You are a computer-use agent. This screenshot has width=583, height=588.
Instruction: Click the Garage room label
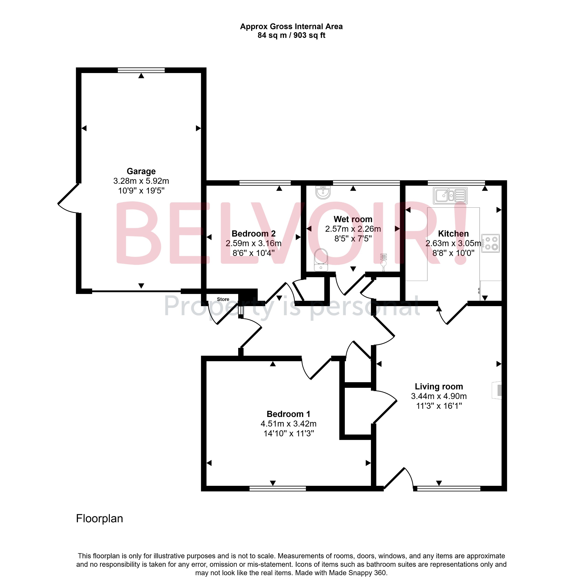click(141, 171)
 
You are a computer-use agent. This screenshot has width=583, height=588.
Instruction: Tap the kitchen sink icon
click(450, 195)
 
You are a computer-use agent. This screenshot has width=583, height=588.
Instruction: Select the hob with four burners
click(490, 243)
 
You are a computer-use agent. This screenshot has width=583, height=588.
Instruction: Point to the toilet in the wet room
click(321, 260)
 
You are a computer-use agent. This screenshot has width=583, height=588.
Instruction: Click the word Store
click(223, 299)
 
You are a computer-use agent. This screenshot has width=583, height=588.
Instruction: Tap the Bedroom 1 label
click(288, 414)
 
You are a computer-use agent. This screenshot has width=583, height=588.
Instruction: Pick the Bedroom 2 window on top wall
click(265, 183)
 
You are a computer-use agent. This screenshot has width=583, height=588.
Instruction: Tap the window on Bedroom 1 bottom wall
click(278, 488)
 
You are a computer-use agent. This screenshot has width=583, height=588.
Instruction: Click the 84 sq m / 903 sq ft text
click(291, 35)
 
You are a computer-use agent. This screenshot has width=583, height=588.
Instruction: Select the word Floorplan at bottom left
click(99, 518)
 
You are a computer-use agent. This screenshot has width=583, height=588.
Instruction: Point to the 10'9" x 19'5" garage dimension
click(141, 191)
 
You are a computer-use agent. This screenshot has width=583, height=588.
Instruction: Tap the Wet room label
click(353, 219)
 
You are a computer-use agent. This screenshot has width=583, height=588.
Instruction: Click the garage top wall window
click(141, 70)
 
